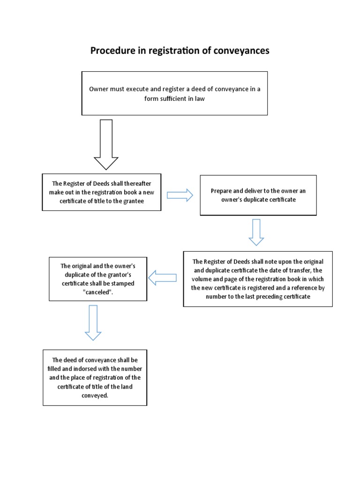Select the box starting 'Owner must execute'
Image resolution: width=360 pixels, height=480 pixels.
click(x=174, y=93)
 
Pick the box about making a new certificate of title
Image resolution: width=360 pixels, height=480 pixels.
click(x=101, y=192)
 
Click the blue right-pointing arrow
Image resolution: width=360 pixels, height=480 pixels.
click(x=180, y=195)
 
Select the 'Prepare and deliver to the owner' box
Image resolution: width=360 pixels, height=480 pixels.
click(x=258, y=195)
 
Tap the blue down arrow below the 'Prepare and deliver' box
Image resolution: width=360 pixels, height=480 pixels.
click(x=256, y=232)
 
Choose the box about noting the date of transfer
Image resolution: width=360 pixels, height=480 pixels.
click(x=258, y=279)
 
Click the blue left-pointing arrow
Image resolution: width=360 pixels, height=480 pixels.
click(x=163, y=278)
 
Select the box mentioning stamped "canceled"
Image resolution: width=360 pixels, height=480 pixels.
click(x=98, y=278)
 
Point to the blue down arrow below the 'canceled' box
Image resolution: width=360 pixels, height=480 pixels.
click(x=93, y=322)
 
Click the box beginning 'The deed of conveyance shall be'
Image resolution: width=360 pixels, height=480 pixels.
click(x=95, y=377)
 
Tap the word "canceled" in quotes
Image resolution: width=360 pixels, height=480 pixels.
click(x=98, y=292)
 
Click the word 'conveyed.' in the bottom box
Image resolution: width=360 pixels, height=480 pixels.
click(x=95, y=395)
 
